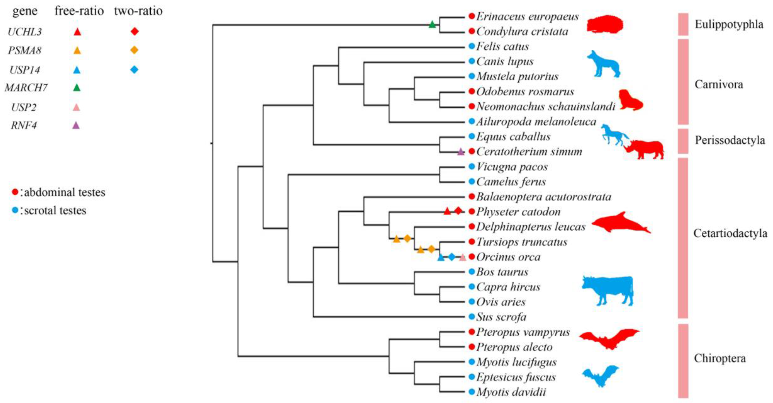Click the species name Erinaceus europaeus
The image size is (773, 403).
527,16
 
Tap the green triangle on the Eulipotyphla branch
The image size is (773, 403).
432,25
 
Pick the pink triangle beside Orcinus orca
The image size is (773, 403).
463,257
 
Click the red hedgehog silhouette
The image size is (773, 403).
605,24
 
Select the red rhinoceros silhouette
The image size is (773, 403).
645,148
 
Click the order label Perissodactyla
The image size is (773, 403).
730,140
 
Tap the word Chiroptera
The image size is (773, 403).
720,358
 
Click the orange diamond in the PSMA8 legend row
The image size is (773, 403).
134,50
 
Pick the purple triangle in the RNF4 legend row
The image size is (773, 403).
76,125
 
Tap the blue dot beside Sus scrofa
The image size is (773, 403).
472,317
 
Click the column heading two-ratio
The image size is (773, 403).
138,11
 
